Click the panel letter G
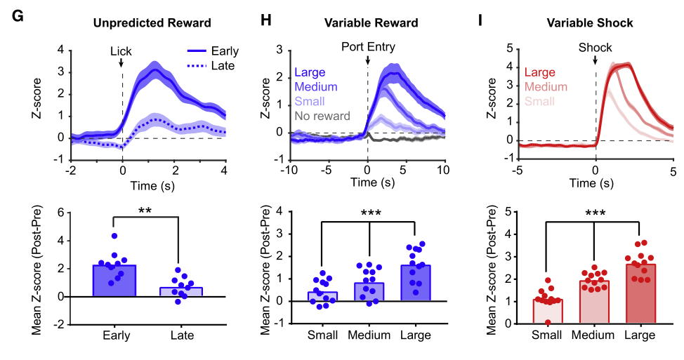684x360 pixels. (x=19, y=18)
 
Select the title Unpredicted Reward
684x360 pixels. (x=152, y=23)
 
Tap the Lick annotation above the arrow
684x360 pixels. (x=121, y=51)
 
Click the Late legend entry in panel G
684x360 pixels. (x=222, y=65)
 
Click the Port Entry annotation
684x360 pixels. (x=369, y=48)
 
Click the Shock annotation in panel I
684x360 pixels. (x=596, y=48)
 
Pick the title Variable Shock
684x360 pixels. (x=590, y=23)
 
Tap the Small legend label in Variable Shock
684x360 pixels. (x=539, y=101)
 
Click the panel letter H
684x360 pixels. (x=266, y=18)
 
